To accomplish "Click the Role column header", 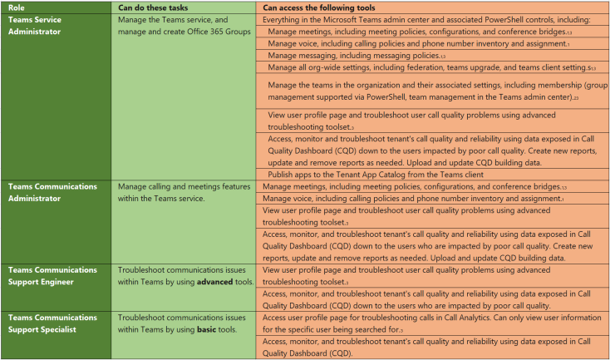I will (x=16, y=7).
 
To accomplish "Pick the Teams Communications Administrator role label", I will (x=52, y=192).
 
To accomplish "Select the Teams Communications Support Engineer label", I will (x=52, y=276).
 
